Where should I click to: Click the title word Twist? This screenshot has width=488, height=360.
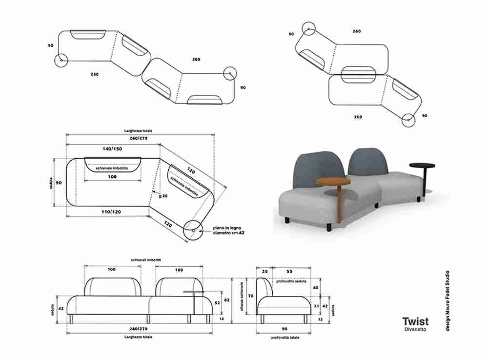pyautogui.click(x=415, y=321)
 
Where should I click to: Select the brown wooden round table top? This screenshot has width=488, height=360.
pyautogui.click(x=333, y=182)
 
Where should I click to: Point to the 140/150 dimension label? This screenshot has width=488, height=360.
pyautogui.click(x=112, y=148)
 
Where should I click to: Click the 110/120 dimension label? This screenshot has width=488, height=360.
pyautogui.click(x=112, y=212)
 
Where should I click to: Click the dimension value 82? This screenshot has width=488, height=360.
pyautogui.click(x=226, y=300)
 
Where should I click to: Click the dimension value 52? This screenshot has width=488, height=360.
pyautogui.click(x=217, y=303)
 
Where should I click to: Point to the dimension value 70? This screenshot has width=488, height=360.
pyautogui.click(x=250, y=296)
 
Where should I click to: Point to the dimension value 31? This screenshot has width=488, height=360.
pyautogui.click(x=317, y=306)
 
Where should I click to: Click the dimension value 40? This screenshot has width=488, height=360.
pyautogui.click(x=317, y=288)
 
